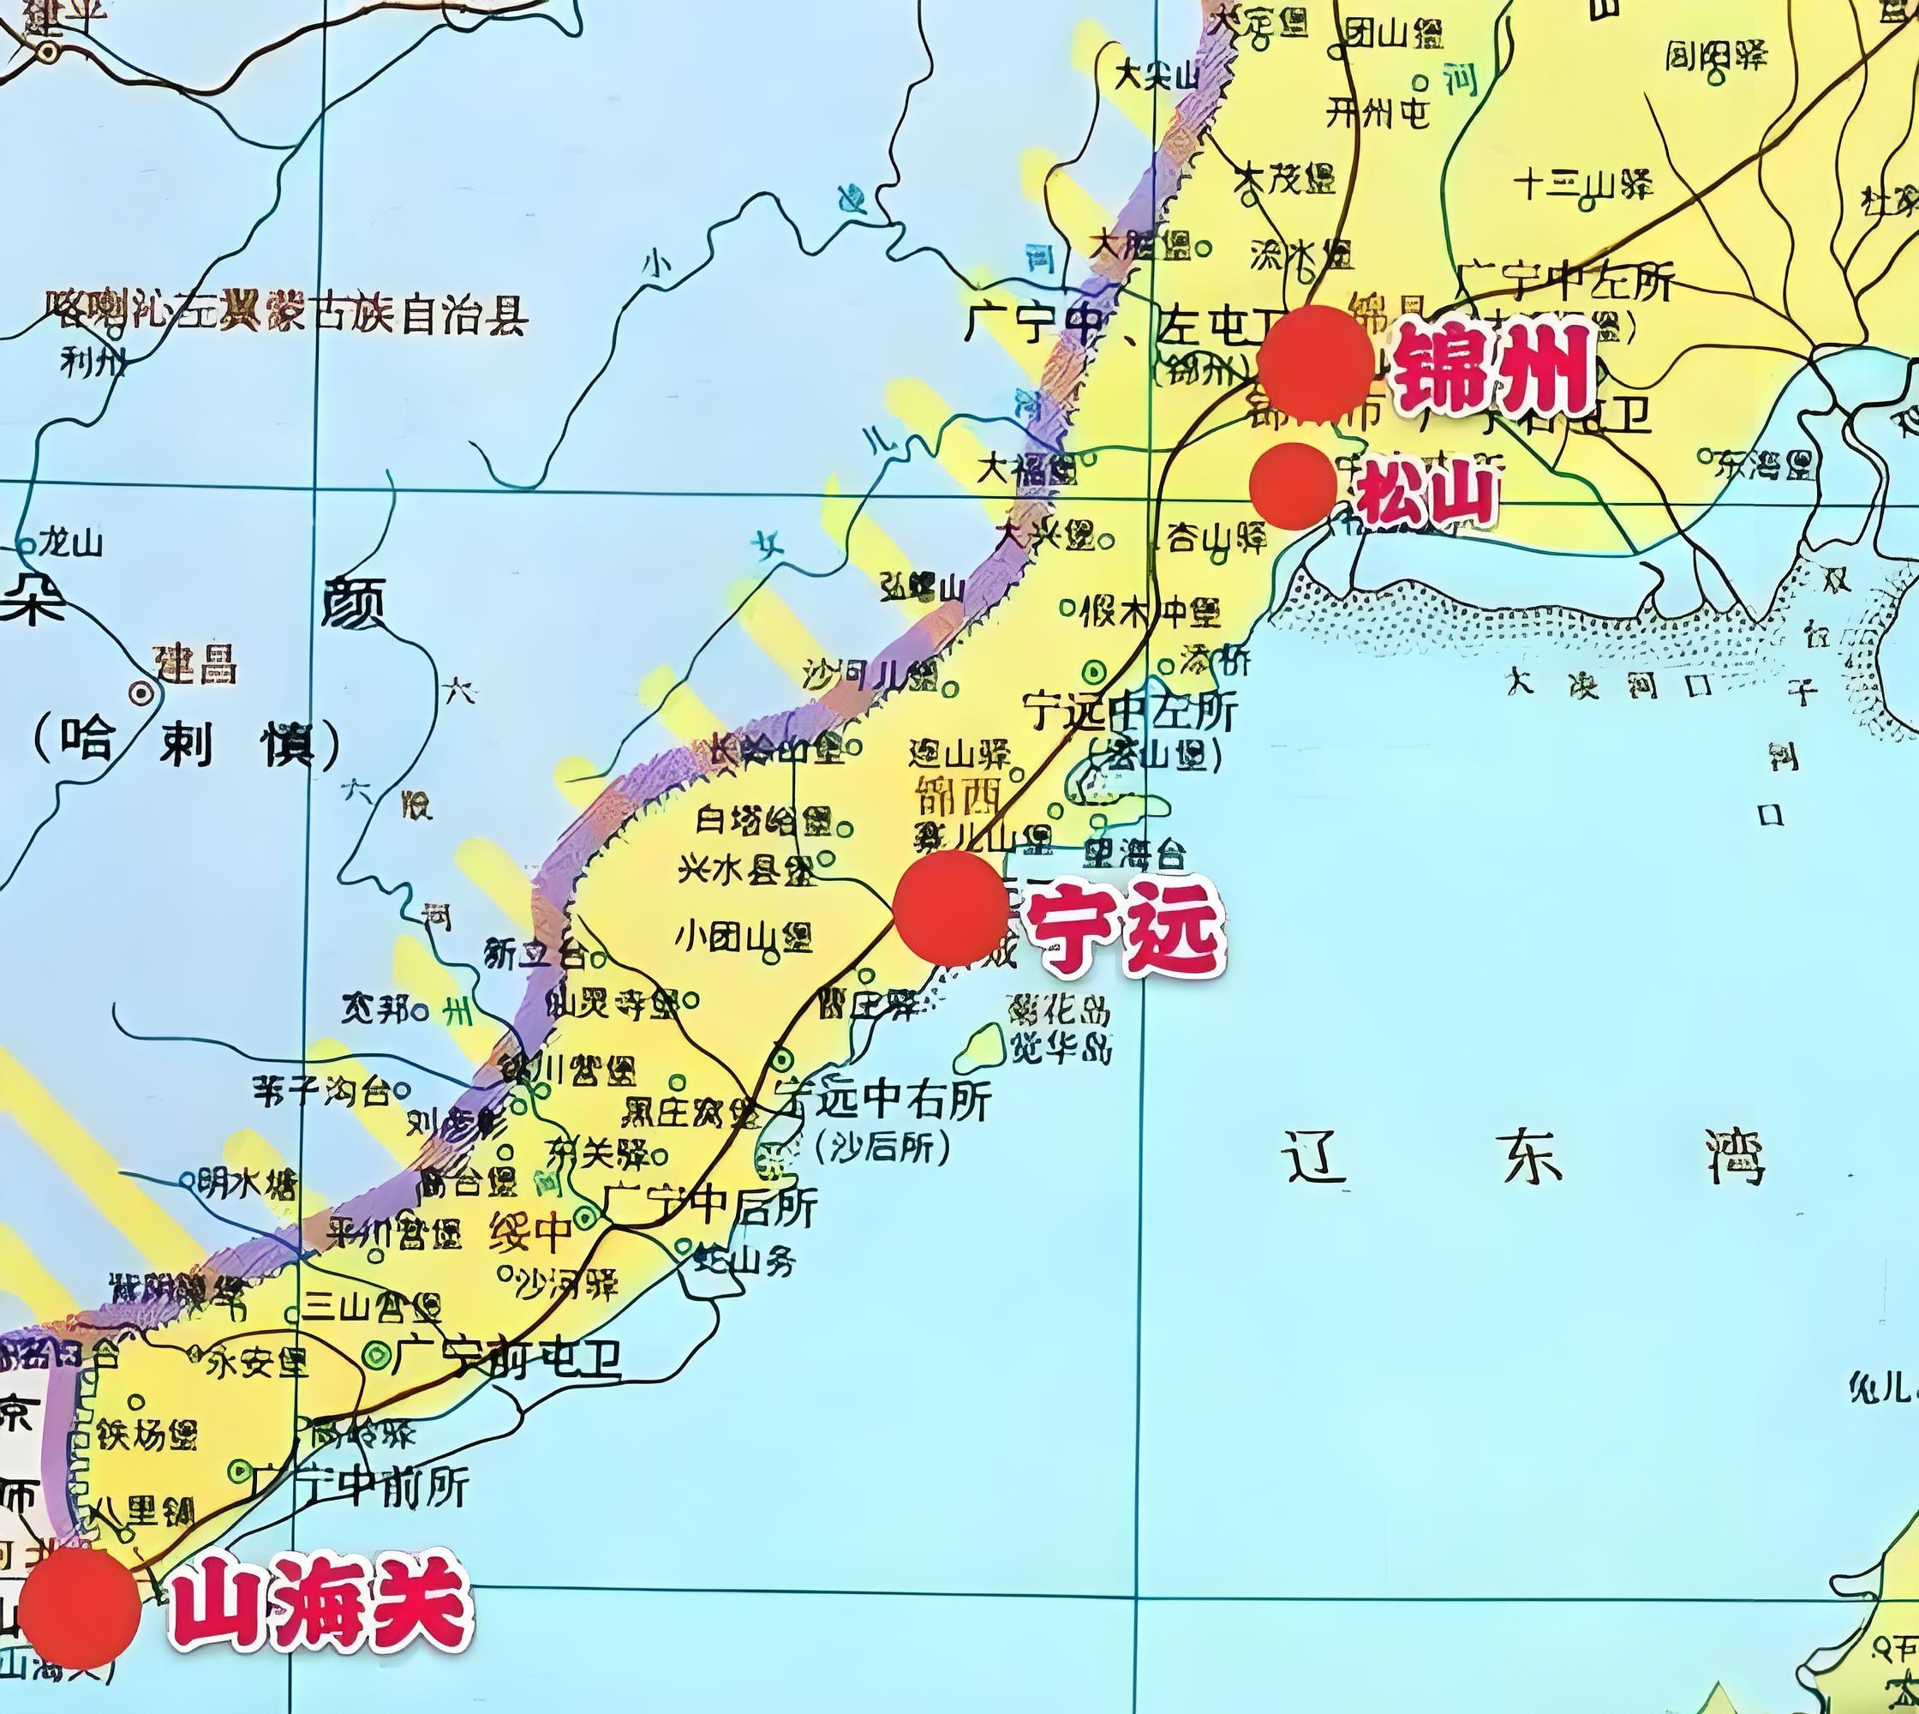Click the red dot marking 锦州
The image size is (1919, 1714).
tap(1314, 363)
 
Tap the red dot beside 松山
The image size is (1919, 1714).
tap(1293, 486)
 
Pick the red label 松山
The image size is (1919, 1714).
tap(1425, 494)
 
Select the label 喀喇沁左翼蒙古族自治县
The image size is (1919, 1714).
tap(287, 313)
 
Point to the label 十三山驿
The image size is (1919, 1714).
tap(1583, 183)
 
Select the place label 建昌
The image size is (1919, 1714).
tap(197, 664)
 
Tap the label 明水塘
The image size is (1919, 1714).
tap(248, 1183)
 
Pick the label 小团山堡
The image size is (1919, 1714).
tap(743, 937)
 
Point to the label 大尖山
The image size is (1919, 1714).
tap(1156, 75)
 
